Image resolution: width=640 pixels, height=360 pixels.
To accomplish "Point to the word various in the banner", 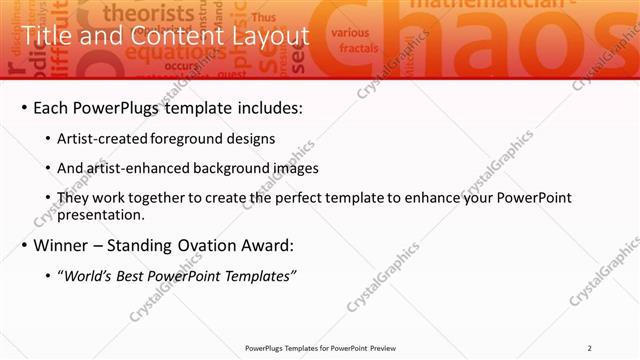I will click(350, 32).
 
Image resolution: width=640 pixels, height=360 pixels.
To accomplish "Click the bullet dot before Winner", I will click(25, 245).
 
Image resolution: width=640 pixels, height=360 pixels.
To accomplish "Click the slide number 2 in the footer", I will click(589, 348).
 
